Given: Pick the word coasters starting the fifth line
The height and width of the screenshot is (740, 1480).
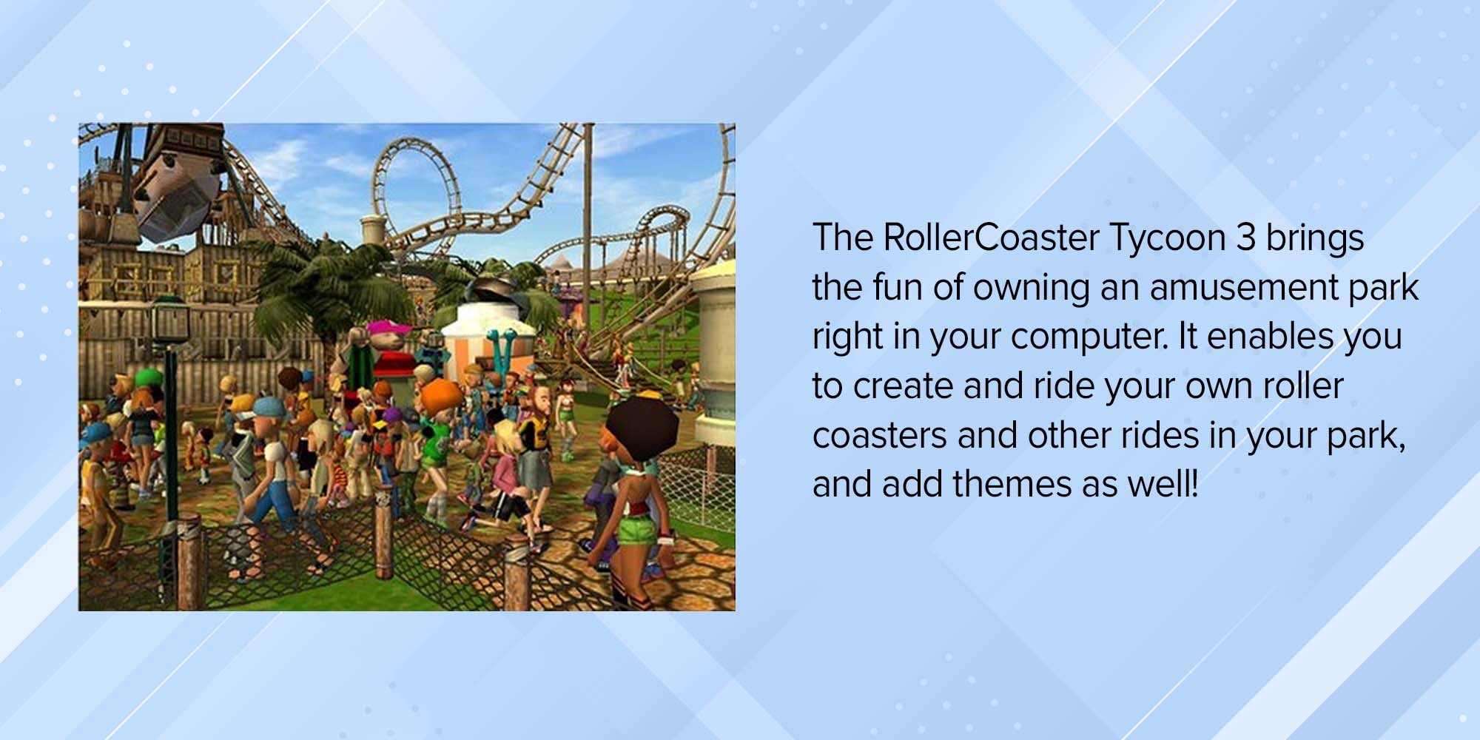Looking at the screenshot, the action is (x=879, y=435).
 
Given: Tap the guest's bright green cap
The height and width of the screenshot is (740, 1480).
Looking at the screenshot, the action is (x=147, y=376).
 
